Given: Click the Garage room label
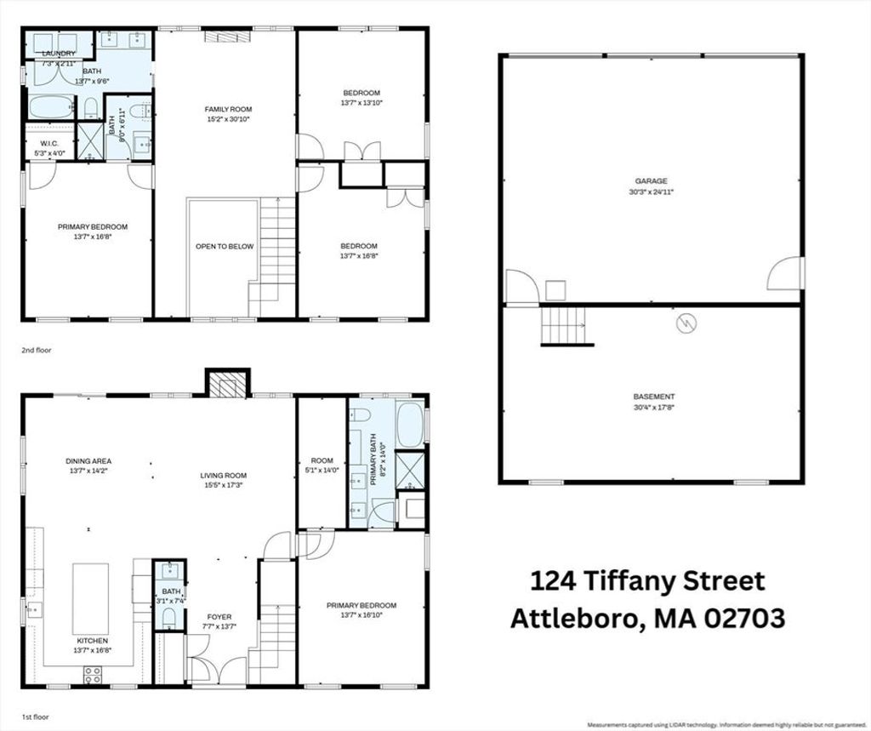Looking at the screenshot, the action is [651, 186].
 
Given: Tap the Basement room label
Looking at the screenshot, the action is [654, 402].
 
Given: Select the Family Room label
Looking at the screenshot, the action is [228, 114].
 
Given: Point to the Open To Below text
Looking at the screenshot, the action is [225, 246].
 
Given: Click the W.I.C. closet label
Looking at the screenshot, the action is [50, 148].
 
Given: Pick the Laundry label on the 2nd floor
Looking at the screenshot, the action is [59, 54].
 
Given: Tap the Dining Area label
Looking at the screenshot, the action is [88, 465].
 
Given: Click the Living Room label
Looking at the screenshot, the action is [224, 480].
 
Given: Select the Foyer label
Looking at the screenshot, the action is [219, 621].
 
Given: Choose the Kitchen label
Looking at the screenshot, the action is [93, 645].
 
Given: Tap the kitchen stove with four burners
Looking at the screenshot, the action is [93, 674].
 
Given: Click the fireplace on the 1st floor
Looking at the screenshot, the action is [228, 383].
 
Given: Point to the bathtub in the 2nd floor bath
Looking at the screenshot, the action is [50, 107].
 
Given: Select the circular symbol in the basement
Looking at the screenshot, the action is [686, 323].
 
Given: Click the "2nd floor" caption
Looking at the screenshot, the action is [36, 351].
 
